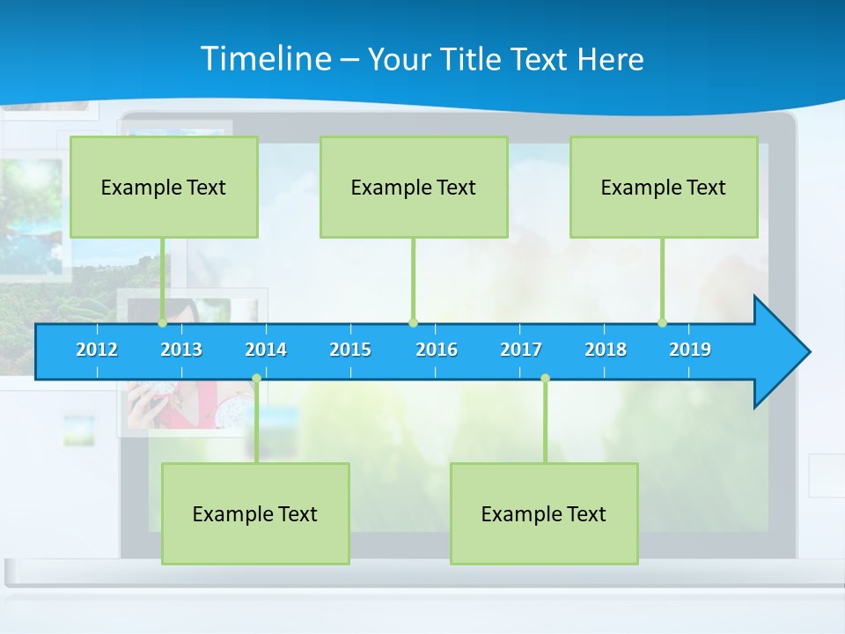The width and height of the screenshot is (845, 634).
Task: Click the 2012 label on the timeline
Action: [97, 350]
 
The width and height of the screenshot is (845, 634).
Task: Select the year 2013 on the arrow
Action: [181, 350]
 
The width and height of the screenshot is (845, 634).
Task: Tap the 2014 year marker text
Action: [266, 350]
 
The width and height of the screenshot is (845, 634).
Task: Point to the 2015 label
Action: [350, 350]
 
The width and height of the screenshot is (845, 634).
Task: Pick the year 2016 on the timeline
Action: [437, 350]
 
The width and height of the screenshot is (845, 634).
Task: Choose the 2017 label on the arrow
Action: [521, 350]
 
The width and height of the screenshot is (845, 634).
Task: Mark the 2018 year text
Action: [606, 350]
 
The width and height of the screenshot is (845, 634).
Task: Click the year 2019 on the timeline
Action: [690, 350]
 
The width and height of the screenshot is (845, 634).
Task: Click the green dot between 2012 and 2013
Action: [163, 323]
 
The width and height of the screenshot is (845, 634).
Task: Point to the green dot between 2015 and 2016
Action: [413, 323]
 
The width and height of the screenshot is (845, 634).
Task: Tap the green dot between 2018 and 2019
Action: [663, 323]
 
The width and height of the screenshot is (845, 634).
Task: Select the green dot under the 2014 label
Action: [256, 379]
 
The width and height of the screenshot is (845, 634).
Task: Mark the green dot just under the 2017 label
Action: [545, 379]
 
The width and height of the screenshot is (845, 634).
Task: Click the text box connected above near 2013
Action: [164, 187]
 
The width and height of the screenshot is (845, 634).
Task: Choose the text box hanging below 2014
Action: [255, 513]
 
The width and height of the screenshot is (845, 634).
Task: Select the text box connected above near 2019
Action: [664, 187]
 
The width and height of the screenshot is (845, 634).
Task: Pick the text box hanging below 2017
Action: [544, 513]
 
